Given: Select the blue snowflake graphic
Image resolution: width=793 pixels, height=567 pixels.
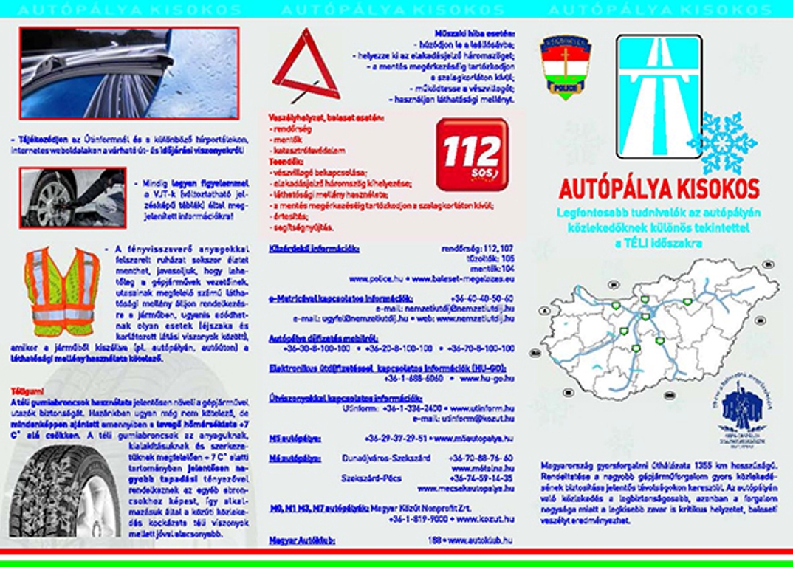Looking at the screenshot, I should pos(722,142).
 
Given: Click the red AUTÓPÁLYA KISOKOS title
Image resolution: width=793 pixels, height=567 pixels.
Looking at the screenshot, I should pos(659,189).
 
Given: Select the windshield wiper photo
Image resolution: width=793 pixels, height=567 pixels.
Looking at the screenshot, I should pos(129,73).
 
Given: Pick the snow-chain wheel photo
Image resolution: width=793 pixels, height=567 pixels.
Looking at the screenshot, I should pos(72,197).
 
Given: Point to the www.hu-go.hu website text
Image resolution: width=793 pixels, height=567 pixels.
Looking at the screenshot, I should pos(487,377).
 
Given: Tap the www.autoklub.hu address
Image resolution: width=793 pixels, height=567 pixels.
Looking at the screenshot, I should pos(481,540).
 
